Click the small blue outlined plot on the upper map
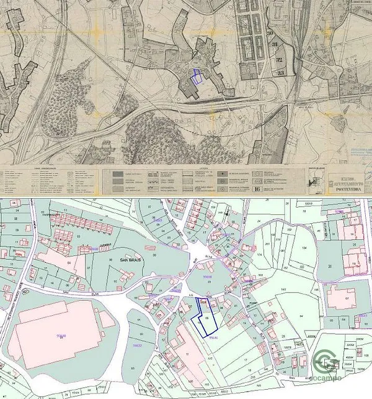(x=197, y=77)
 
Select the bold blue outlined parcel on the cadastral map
(x=206, y=316)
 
